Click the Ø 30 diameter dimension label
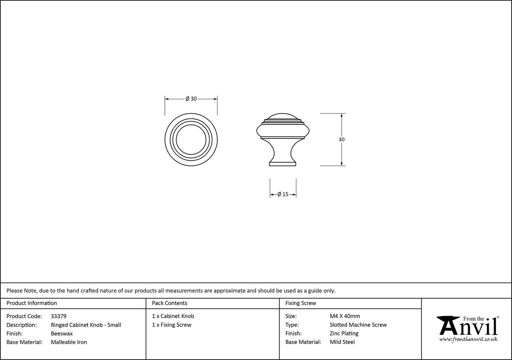point(191,99)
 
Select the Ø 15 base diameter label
point(283,195)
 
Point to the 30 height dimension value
point(341,139)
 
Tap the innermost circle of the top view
point(191,139)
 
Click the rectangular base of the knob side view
point(283,164)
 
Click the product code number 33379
point(59,316)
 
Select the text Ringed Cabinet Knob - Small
point(86,325)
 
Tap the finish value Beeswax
point(62,333)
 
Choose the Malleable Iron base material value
point(69,342)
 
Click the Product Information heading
point(32,303)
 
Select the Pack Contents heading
point(170,303)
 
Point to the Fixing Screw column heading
point(301,303)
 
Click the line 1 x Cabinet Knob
point(173,316)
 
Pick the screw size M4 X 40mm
point(345,316)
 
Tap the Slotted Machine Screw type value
point(358,325)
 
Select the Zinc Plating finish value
point(344,333)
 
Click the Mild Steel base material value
point(342,342)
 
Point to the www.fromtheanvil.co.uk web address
point(468,339)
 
